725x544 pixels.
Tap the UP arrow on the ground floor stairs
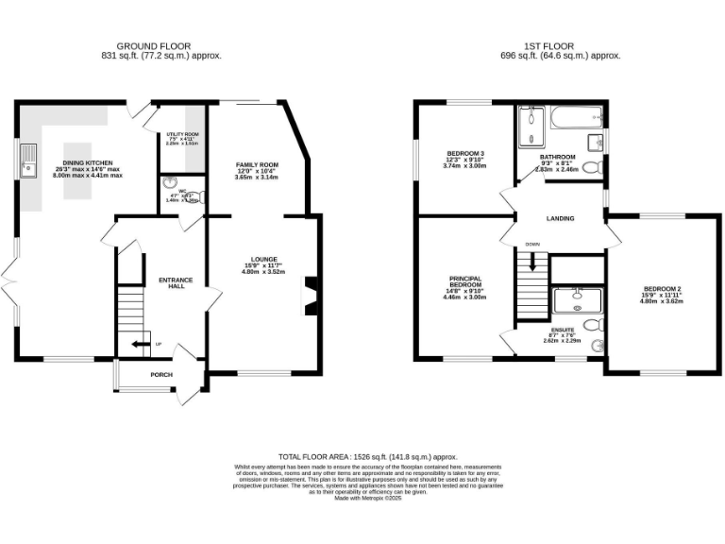[142, 344]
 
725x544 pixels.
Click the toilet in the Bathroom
[591, 168]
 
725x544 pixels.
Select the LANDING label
[560, 218]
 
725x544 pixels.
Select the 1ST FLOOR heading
[547, 45]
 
